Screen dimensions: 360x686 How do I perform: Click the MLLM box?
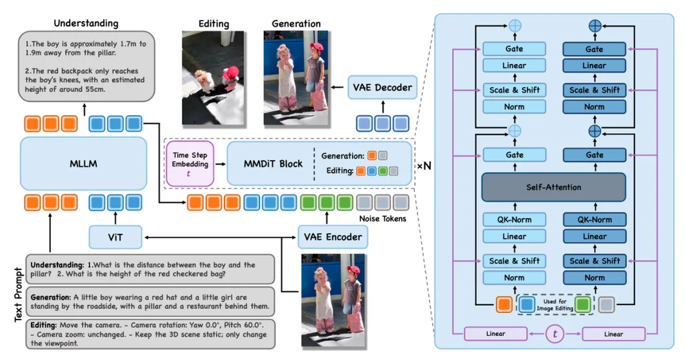tap(84, 165)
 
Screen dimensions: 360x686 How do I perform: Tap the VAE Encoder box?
tap(330, 237)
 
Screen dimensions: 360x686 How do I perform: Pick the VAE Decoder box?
tap(383, 88)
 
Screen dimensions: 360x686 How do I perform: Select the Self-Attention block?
tap(554, 187)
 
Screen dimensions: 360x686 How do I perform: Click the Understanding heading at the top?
tap(86, 23)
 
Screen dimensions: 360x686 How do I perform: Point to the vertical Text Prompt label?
tap(16, 296)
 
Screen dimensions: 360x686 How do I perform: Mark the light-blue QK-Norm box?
tap(514, 220)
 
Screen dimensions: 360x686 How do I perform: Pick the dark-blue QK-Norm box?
tap(594, 220)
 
